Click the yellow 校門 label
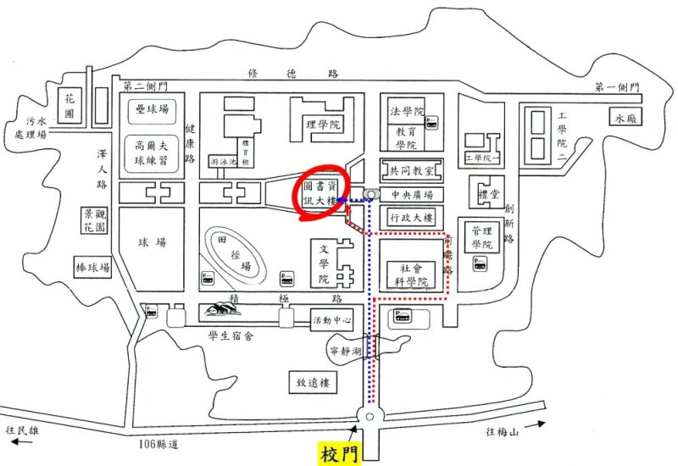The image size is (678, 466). point(341,454)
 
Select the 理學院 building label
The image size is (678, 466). point(322,125)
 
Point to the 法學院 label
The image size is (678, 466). point(406,112)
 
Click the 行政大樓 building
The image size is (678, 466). point(411,218)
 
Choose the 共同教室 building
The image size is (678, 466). point(411,170)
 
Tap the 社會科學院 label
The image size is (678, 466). point(408,275)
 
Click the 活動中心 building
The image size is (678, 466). point(326,320)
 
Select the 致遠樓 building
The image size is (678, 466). point(312,383)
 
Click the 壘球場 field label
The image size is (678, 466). point(152,109)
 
